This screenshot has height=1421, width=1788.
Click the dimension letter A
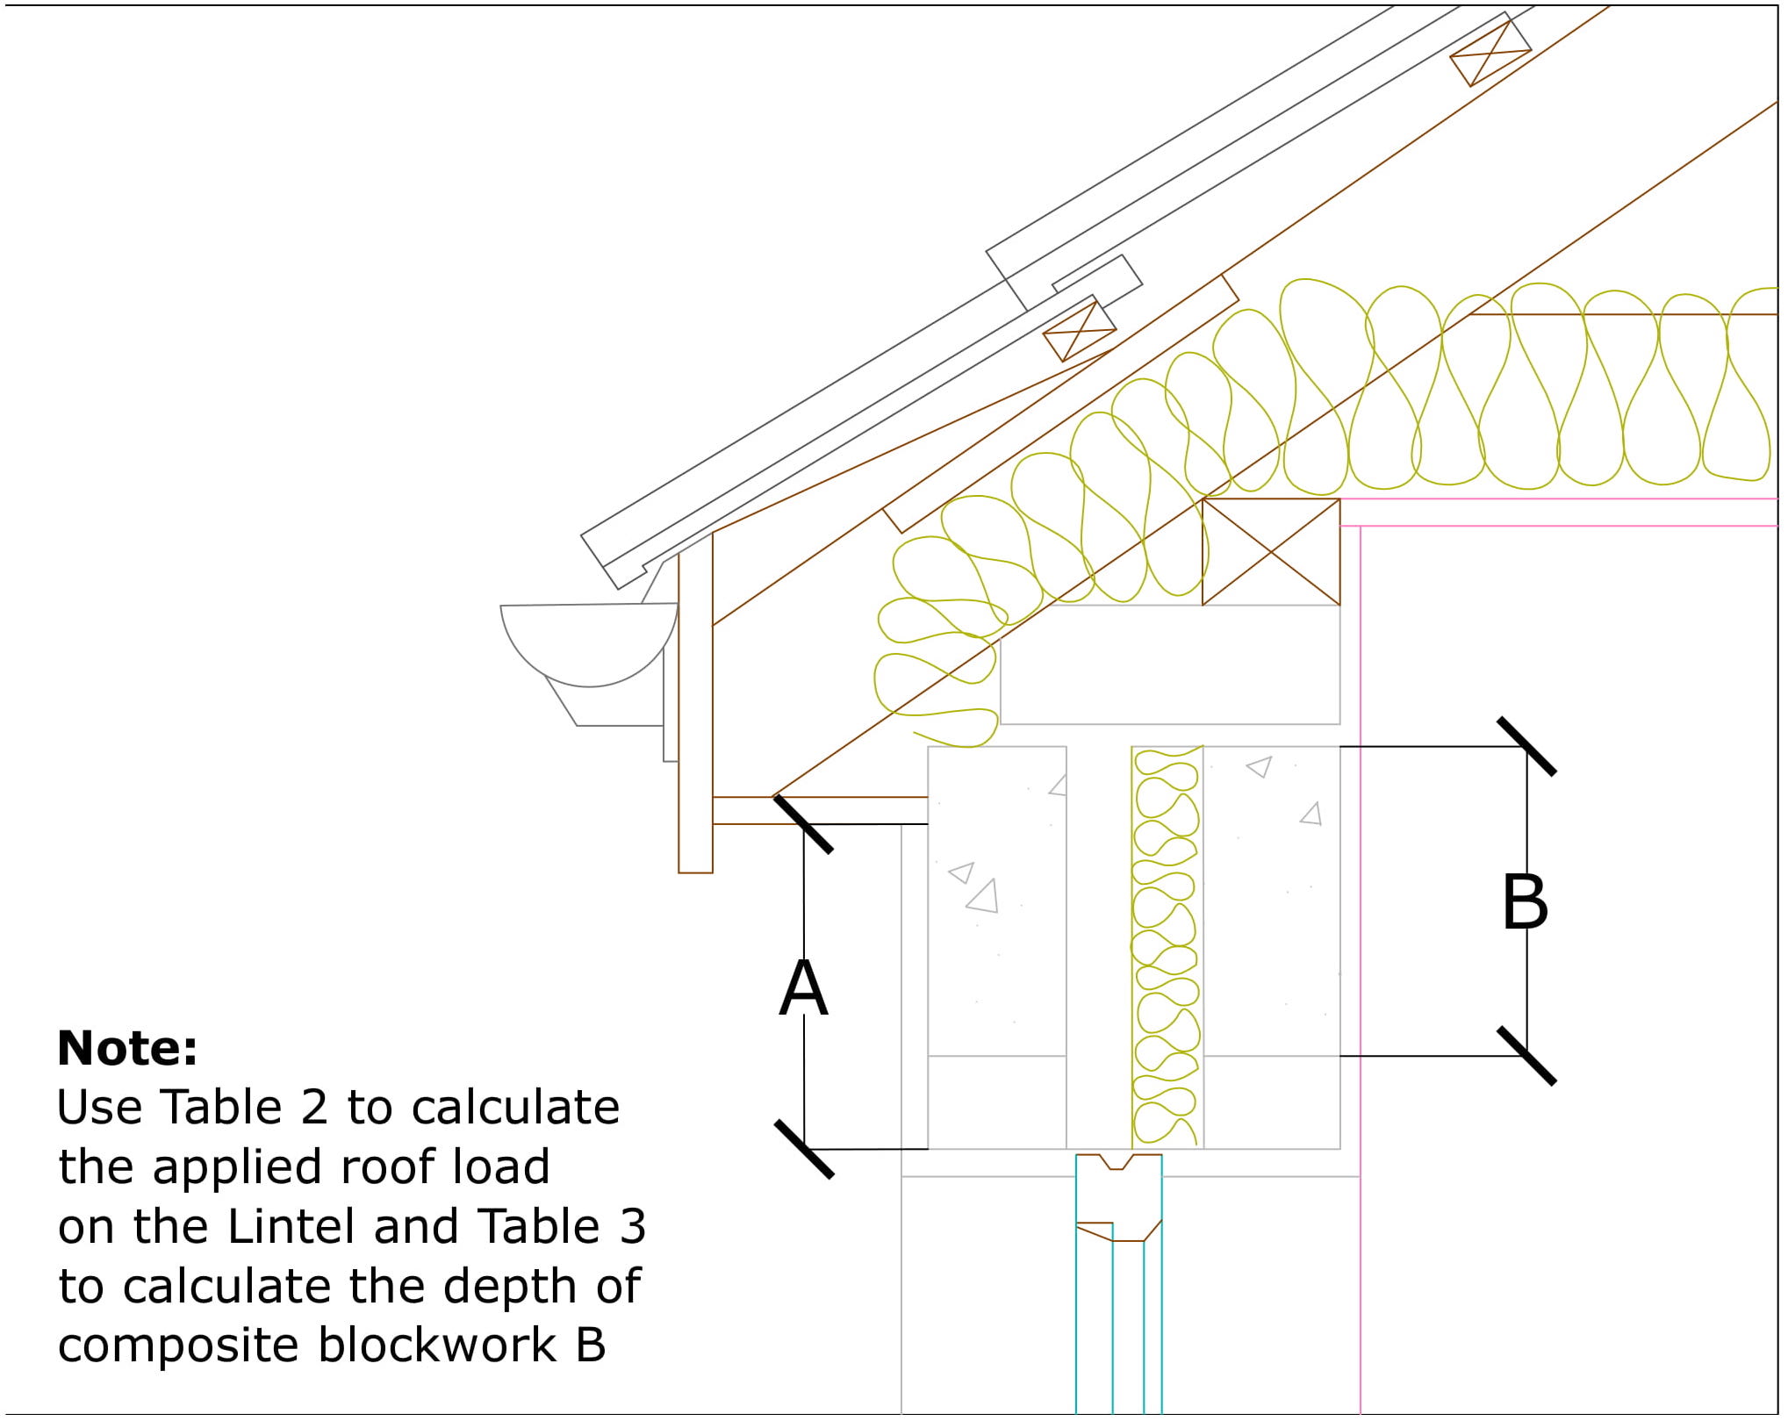[x=803, y=988]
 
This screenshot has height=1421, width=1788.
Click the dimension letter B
[x=1525, y=901]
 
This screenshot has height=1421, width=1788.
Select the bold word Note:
[x=127, y=1047]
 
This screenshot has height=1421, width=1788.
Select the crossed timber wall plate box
[x=1270, y=552]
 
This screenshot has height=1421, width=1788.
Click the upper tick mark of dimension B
[x=1526, y=747]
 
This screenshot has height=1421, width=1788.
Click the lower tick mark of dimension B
[x=1526, y=1056]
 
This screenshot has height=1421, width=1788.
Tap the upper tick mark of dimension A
[x=803, y=824]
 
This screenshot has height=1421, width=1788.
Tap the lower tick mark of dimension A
[x=803, y=1149]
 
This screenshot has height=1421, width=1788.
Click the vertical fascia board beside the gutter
[x=695, y=702]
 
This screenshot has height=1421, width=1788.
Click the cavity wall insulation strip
[x=1166, y=948]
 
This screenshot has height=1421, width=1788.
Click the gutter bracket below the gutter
[x=606, y=707]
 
